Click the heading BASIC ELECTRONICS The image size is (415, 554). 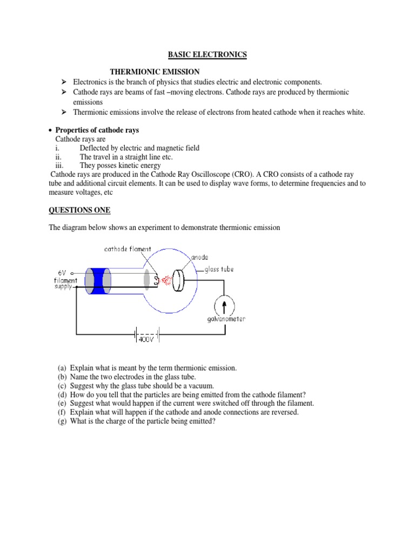(207, 54)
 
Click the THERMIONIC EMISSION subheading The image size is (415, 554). (155, 71)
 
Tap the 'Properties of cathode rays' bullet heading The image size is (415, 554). (97, 130)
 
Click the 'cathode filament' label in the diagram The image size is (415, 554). (128, 249)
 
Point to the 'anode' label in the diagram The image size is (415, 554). (200, 258)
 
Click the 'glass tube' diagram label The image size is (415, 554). (219, 269)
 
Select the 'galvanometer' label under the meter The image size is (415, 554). (226, 319)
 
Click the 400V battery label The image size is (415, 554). (146, 340)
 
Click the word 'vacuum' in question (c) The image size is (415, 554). (202, 386)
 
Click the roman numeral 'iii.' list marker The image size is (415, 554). (60, 166)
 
